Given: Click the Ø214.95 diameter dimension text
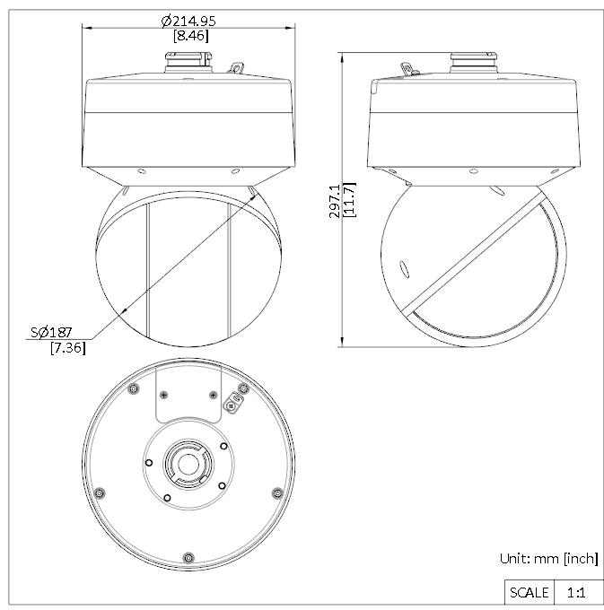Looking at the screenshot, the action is click(x=188, y=21).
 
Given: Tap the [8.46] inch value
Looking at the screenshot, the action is click(x=190, y=36).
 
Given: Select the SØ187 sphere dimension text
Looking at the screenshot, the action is click(x=51, y=332).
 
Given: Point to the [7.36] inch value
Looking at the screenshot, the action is click(x=68, y=347).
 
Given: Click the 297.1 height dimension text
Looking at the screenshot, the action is click(x=335, y=201).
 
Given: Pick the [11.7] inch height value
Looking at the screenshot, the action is click(x=350, y=199).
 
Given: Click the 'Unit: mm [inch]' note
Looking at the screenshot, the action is click(x=549, y=559).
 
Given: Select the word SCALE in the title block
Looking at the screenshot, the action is click(x=529, y=592).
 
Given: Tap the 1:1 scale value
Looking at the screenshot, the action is click(x=576, y=593).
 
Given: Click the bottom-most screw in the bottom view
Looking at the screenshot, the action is click(x=188, y=557).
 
